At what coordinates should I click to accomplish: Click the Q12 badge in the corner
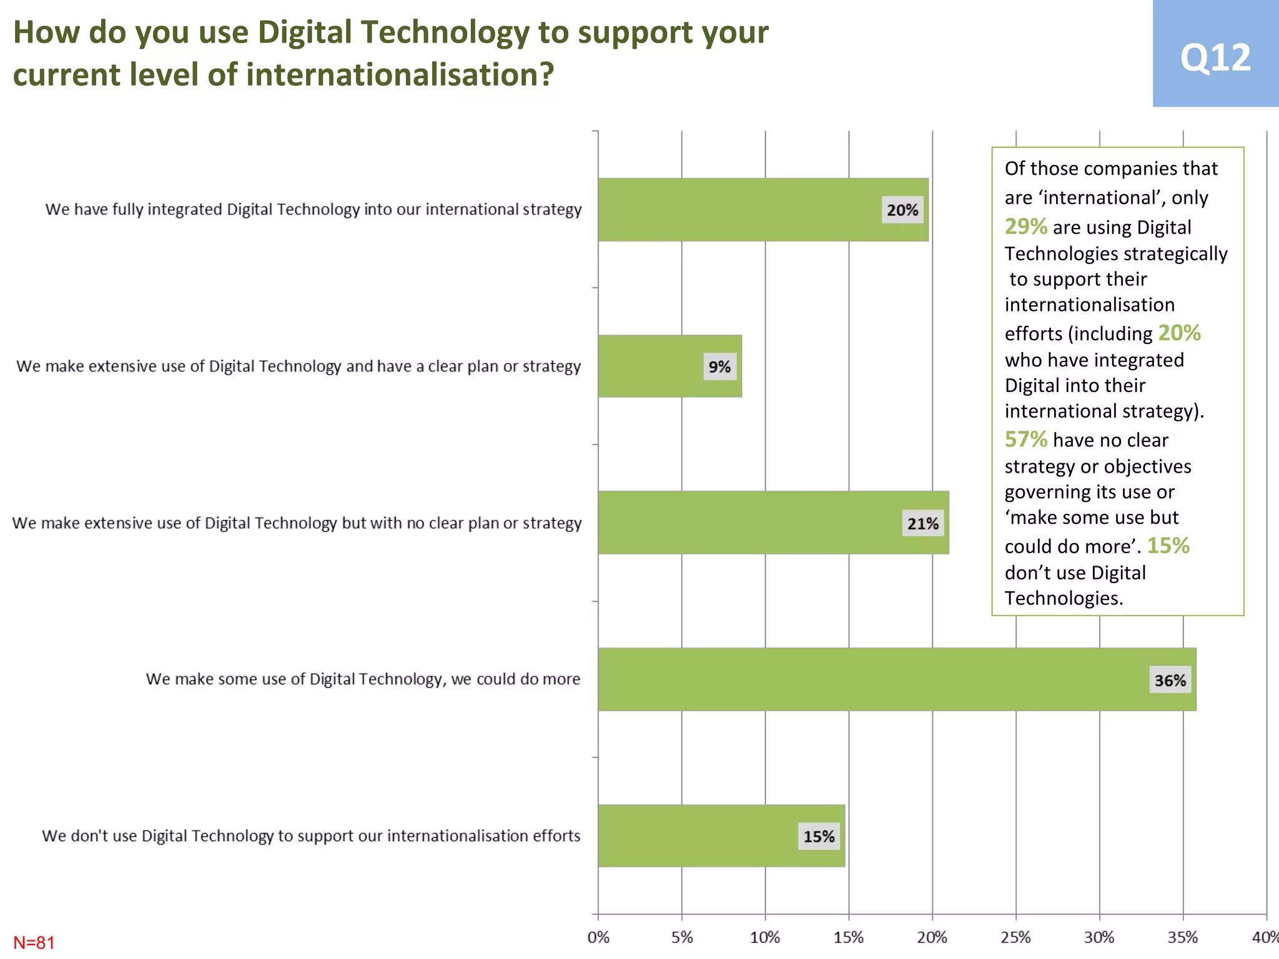point(1215,56)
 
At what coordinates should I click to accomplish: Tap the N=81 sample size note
point(34,942)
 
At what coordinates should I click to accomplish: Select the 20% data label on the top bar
point(902,210)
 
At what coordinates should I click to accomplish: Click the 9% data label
point(719,366)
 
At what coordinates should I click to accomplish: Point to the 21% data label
point(923,523)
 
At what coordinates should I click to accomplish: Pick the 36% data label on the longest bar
point(1170,680)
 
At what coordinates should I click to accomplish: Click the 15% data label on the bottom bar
point(819,837)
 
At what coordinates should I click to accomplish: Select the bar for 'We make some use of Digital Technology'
point(874,679)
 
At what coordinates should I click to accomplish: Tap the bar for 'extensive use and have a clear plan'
point(649,366)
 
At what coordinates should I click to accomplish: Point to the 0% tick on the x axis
point(598,937)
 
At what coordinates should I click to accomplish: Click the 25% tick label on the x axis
point(1015,937)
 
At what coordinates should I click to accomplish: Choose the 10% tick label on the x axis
point(765,937)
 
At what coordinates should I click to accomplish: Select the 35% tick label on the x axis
point(1183,937)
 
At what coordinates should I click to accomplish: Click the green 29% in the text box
point(1025,227)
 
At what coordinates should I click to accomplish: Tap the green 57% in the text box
point(1025,440)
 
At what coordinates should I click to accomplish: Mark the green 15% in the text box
point(1168,546)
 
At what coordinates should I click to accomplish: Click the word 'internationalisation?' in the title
point(400,74)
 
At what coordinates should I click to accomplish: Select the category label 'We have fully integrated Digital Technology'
point(313,209)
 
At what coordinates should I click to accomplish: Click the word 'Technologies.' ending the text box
point(1064,598)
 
